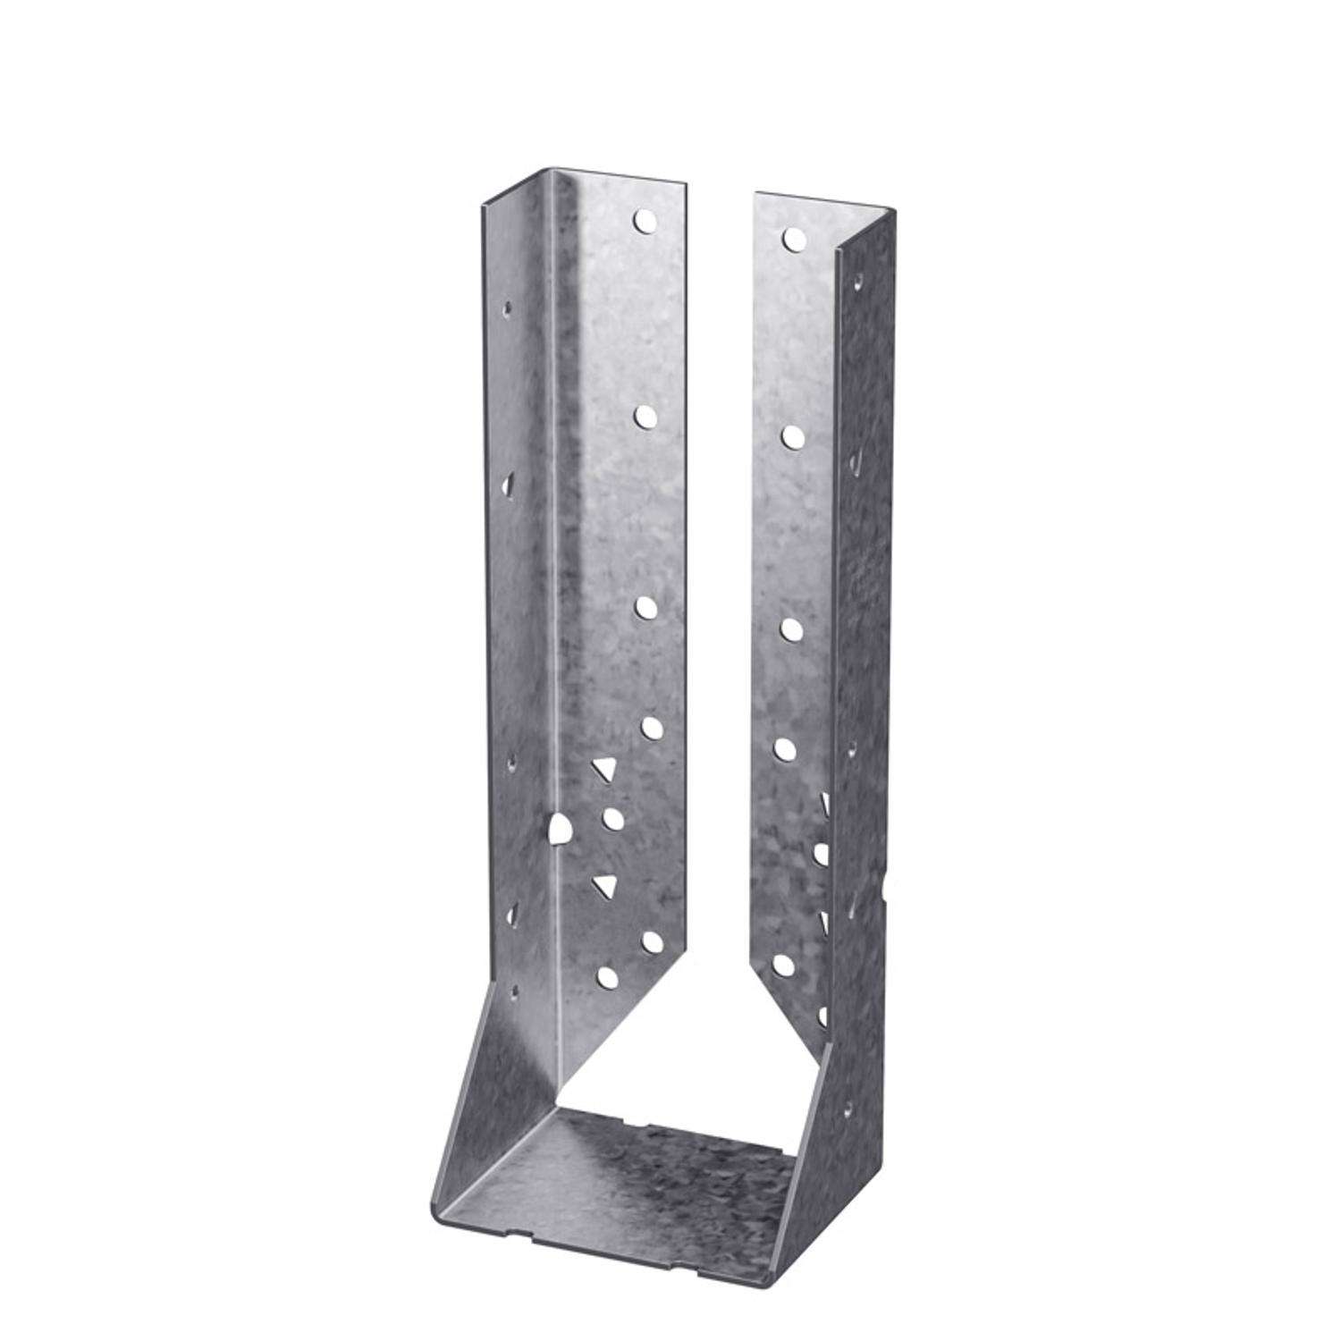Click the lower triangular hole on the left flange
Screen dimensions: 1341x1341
pos(607,886)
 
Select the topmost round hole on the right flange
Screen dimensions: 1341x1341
pos(792,238)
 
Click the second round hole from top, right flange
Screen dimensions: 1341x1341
pos(792,435)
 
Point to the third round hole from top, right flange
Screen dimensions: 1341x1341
pos(791,628)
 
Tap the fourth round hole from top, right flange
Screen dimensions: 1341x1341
pos(785,749)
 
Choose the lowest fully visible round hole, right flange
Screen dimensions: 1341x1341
pos(783,964)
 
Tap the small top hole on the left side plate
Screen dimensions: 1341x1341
pos(509,308)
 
